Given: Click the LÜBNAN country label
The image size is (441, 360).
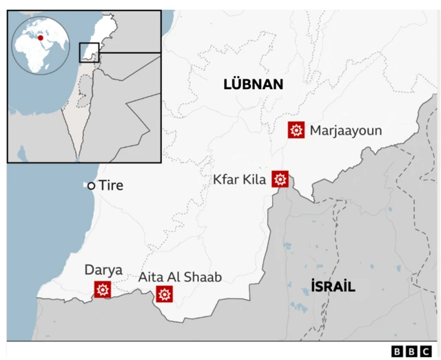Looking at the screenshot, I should tap(253, 85).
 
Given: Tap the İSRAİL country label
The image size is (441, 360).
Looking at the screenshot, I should tap(333, 286).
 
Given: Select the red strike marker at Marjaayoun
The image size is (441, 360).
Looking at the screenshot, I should tap(297, 130).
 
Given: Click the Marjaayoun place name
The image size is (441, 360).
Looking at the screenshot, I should tap(346, 130).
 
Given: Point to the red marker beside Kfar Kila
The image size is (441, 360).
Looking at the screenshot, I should tap(280, 179).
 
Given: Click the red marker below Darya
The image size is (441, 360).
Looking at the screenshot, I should tap(103, 290).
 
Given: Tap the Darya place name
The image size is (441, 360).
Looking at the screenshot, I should tap(103, 270).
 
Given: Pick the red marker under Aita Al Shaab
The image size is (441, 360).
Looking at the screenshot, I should tap(164, 295).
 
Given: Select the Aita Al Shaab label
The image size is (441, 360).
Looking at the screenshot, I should tap(180, 277).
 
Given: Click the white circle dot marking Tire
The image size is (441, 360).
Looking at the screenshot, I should tap(90, 186).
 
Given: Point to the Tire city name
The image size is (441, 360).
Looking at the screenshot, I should tap(111, 186).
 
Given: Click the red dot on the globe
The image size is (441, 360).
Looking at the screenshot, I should tap(41, 38).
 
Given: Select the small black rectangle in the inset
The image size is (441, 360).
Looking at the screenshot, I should tap(90, 52).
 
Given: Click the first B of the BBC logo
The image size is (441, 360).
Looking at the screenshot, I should tap(397, 352).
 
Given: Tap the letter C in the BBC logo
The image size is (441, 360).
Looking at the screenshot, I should tap(429, 352).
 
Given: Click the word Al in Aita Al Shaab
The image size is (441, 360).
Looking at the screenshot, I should tap(176, 277).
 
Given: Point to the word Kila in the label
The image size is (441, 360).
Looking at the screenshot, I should tap(254, 179).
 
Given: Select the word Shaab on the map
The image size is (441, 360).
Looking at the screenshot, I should tap(205, 277).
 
